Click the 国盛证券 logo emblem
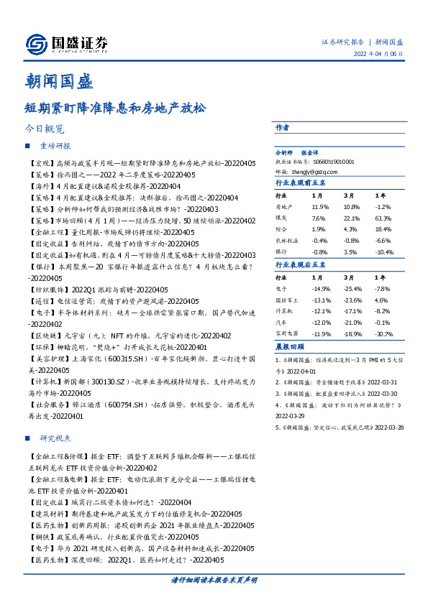(36, 43)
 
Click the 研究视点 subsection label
(55, 438)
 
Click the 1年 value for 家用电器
(383, 334)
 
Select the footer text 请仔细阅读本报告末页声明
(214, 579)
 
